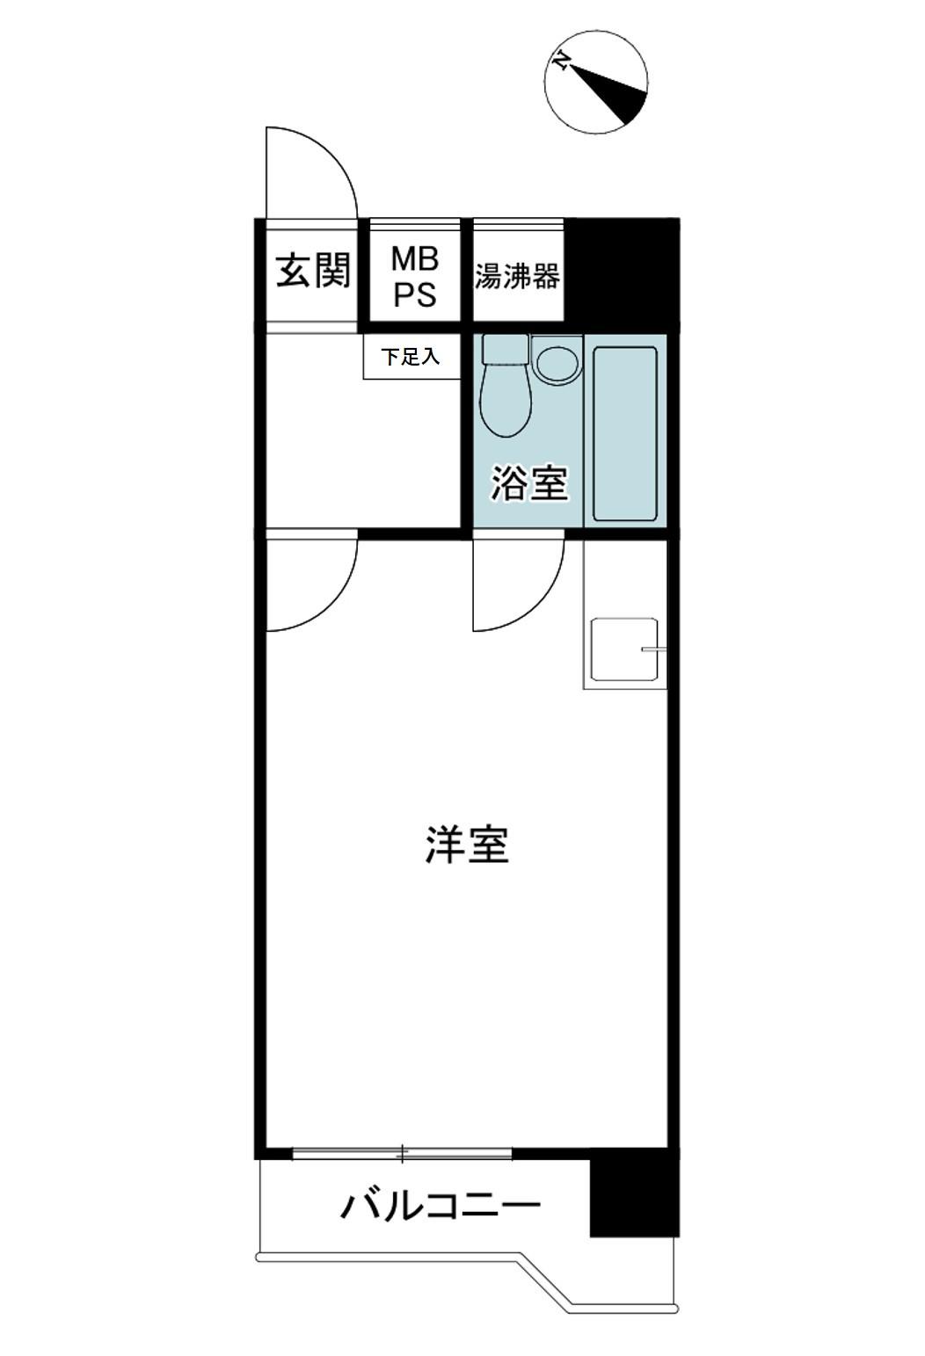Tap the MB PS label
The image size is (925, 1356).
[415, 277]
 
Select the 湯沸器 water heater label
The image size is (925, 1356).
[517, 276]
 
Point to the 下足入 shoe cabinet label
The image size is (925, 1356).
[411, 357]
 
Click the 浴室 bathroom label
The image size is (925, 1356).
[529, 482]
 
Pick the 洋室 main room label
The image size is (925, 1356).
[467, 845]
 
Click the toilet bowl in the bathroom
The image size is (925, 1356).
[506, 386]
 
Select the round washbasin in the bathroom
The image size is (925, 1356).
[557, 363]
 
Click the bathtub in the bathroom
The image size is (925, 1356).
[624, 433]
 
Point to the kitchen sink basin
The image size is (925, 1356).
[624, 649]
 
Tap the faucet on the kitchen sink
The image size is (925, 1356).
[654, 650]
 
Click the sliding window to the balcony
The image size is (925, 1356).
[402, 1153]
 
